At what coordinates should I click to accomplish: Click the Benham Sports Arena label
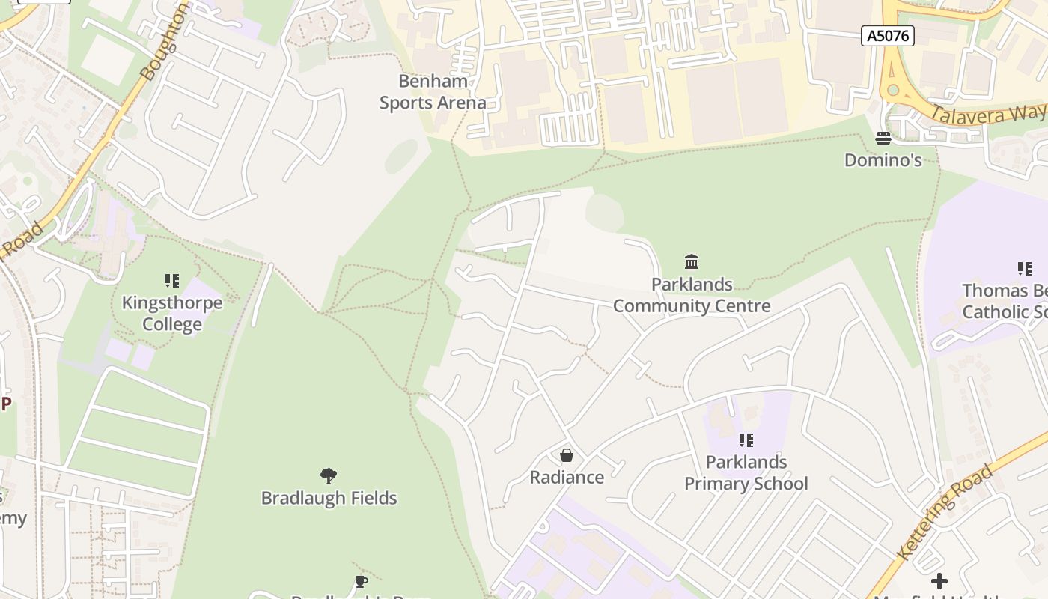[433, 92]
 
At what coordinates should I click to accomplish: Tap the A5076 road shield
[887, 35]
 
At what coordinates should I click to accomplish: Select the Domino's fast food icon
[883, 139]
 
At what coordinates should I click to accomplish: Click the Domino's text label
[883, 160]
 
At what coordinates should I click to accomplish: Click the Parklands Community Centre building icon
[692, 262]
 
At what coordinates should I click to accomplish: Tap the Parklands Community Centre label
[692, 295]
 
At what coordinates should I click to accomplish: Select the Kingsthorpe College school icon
[172, 281]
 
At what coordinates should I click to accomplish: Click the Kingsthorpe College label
[172, 314]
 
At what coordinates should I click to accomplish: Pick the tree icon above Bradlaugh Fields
[328, 475]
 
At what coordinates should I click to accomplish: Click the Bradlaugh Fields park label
[329, 498]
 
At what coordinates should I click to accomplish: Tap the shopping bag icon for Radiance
[567, 455]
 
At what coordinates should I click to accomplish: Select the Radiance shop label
[567, 478]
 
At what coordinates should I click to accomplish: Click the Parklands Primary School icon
[746, 440]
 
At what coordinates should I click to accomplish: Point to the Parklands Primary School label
[746, 472]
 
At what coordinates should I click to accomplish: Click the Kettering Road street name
[946, 512]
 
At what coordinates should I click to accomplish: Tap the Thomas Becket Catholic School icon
[1024, 268]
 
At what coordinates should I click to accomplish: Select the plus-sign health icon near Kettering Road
[939, 580]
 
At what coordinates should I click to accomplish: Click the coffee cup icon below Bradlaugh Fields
[361, 582]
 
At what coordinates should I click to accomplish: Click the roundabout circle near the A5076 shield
[892, 90]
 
